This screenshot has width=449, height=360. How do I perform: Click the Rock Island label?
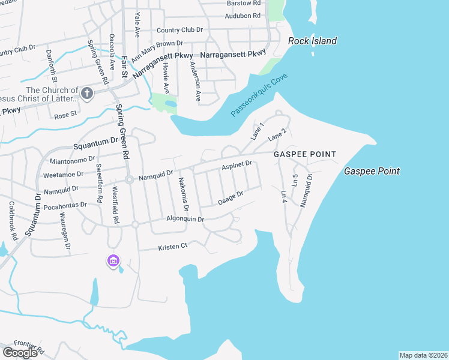312,41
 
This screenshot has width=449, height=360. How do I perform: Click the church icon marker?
87,93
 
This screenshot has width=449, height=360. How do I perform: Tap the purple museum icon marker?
113,260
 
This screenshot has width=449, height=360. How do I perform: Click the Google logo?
20,353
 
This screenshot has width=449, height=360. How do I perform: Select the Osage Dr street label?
231,197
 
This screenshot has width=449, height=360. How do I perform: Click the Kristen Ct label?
173,247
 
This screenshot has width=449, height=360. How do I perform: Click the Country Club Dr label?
179,29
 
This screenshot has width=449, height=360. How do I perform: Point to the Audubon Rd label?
243,16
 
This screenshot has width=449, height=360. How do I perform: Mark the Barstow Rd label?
243,3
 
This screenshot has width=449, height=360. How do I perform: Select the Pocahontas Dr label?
65,206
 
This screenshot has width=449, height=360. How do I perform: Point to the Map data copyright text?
423,355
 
